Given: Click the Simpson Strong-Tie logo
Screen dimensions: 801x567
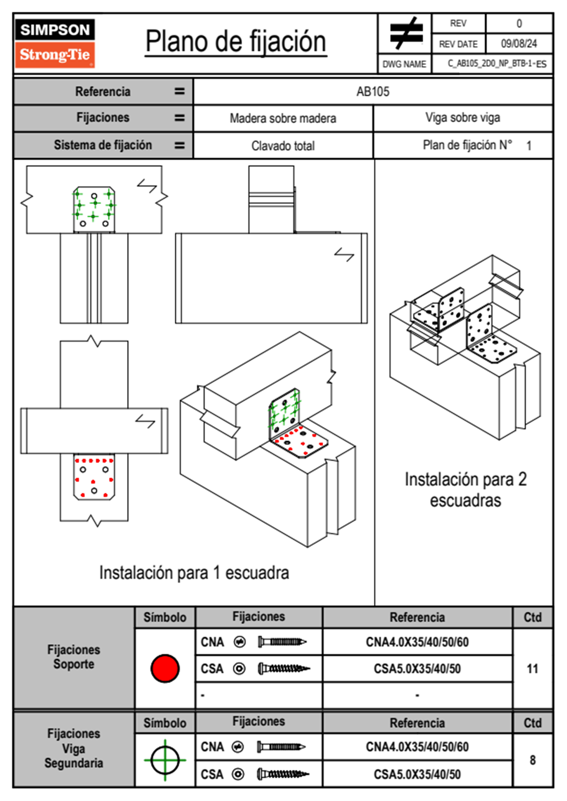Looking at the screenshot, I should tap(55, 43).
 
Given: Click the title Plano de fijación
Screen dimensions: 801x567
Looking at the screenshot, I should tap(236, 42).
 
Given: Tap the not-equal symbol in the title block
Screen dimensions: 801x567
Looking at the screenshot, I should tap(406, 33).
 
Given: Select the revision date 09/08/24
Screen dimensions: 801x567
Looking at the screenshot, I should tap(518, 44).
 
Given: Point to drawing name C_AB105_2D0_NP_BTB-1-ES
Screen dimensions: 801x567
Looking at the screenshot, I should tap(496, 64).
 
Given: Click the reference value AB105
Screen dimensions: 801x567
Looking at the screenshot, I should tap(373, 91).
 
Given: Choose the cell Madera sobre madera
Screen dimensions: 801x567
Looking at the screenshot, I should tap(283, 118).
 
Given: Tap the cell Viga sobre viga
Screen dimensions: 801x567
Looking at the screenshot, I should tap(462, 118).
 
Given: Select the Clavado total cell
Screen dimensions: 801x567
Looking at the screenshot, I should tap(283, 146).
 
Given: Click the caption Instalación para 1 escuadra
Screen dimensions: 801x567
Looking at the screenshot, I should tap(194, 572).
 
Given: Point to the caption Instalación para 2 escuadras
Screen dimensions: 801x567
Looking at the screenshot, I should tap(466, 490).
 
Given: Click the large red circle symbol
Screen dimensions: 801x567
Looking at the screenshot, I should tap(165, 668).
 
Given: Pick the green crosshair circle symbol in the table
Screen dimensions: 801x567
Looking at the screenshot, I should tap(165, 760).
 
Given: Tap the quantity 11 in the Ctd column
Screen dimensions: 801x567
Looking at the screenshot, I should tap(532, 669).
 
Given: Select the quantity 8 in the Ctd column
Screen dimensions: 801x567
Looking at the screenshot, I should tap(532, 760).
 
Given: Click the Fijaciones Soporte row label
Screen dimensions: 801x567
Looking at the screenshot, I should tap(74, 657).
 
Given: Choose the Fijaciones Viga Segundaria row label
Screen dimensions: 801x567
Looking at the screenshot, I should tap(74, 748).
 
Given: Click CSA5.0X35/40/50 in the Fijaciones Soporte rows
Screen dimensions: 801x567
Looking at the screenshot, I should tap(417, 669).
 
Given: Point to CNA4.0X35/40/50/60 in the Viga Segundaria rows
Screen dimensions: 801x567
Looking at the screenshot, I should tap(417, 747).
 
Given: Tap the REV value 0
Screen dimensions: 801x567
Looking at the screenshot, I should tap(519, 23).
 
